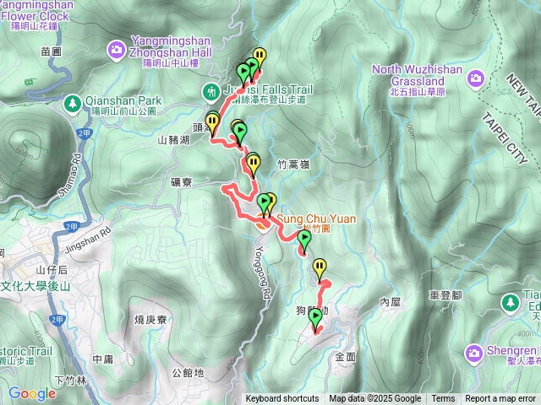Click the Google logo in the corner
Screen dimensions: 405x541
(x=32, y=393)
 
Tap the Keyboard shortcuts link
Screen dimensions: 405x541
(x=282, y=399)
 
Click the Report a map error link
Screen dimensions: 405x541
(x=500, y=399)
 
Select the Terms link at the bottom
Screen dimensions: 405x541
(x=443, y=399)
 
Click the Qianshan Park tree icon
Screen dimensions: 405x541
(x=73, y=103)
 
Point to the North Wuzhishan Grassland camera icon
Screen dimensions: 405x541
(x=476, y=79)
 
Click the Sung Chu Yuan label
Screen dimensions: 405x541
(x=316, y=219)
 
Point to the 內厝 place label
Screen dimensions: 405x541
(x=391, y=301)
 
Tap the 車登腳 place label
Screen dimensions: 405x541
(x=445, y=295)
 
